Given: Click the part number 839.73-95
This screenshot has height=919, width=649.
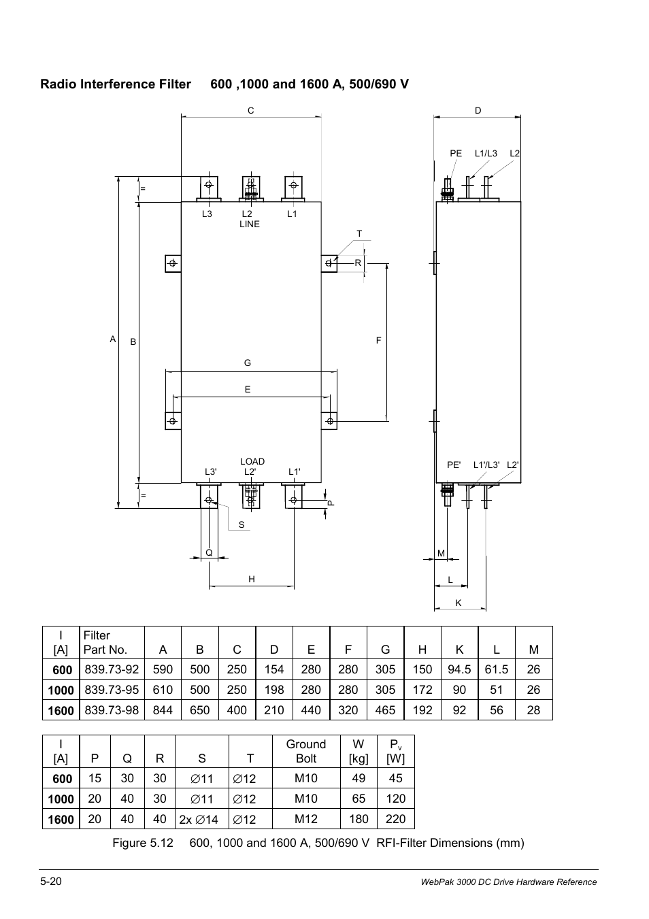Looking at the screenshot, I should pyautogui.click(x=112, y=690).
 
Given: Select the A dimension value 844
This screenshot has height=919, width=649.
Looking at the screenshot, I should pyautogui.click(x=163, y=710).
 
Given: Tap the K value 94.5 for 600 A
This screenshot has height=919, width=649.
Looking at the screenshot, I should pyautogui.click(x=459, y=669).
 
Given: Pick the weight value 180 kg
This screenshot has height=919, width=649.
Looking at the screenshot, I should pyautogui.click(x=359, y=819).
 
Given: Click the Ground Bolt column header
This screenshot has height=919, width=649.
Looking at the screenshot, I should pyautogui.click(x=305, y=751).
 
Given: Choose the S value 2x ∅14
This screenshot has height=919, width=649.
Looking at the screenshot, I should pyautogui.click(x=199, y=820).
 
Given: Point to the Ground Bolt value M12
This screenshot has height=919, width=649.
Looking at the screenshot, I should pyautogui.click(x=305, y=819).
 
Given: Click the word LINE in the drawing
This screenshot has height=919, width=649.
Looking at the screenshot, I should pyautogui.click(x=250, y=224).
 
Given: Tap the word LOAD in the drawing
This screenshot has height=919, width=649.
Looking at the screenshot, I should pyautogui.click(x=252, y=461).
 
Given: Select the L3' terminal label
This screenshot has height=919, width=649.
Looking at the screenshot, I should pyautogui.click(x=211, y=471).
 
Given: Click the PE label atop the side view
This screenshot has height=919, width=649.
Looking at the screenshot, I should pyautogui.click(x=456, y=154).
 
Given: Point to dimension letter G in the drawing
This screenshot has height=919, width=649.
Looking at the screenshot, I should pyautogui.click(x=248, y=363).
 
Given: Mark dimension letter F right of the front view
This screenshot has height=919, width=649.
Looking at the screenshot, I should pyautogui.click(x=379, y=341).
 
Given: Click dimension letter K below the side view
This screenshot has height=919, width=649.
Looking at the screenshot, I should pyautogui.click(x=459, y=603).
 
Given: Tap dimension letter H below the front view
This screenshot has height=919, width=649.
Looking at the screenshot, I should pyautogui.click(x=252, y=579).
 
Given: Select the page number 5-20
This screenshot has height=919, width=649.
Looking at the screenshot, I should pyautogui.click(x=52, y=881).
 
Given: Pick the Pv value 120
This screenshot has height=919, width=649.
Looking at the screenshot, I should pyautogui.click(x=395, y=799).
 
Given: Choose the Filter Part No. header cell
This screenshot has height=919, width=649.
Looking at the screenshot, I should pyautogui.click(x=105, y=642).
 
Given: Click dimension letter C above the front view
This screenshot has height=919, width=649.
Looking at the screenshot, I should pyautogui.click(x=250, y=110).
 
